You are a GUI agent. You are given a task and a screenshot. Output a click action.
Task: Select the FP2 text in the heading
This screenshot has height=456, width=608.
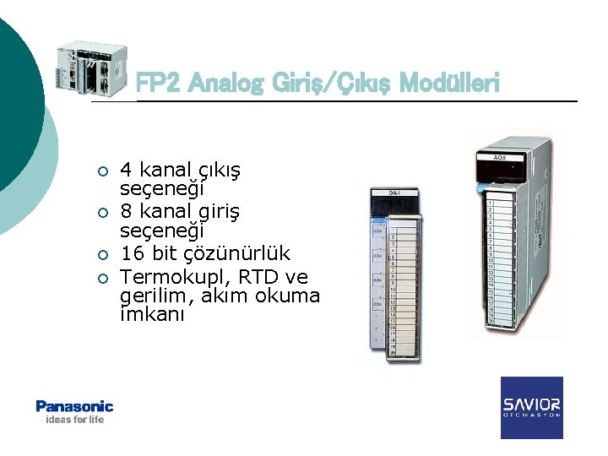[x=159, y=83]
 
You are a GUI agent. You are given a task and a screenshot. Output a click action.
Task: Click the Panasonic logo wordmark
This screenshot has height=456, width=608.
[x=74, y=406]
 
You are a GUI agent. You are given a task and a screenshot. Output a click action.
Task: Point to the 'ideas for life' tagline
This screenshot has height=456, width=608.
[x=74, y=420]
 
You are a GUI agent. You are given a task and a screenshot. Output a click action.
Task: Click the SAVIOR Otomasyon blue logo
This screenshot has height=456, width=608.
[x=531, y=408]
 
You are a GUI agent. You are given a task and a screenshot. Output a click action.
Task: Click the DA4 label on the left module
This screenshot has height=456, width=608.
[x=394, y=193]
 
